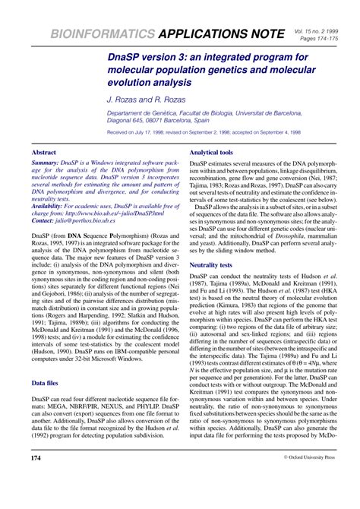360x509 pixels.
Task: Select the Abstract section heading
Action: (45, 153)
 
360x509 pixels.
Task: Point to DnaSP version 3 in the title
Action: (153, 55)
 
